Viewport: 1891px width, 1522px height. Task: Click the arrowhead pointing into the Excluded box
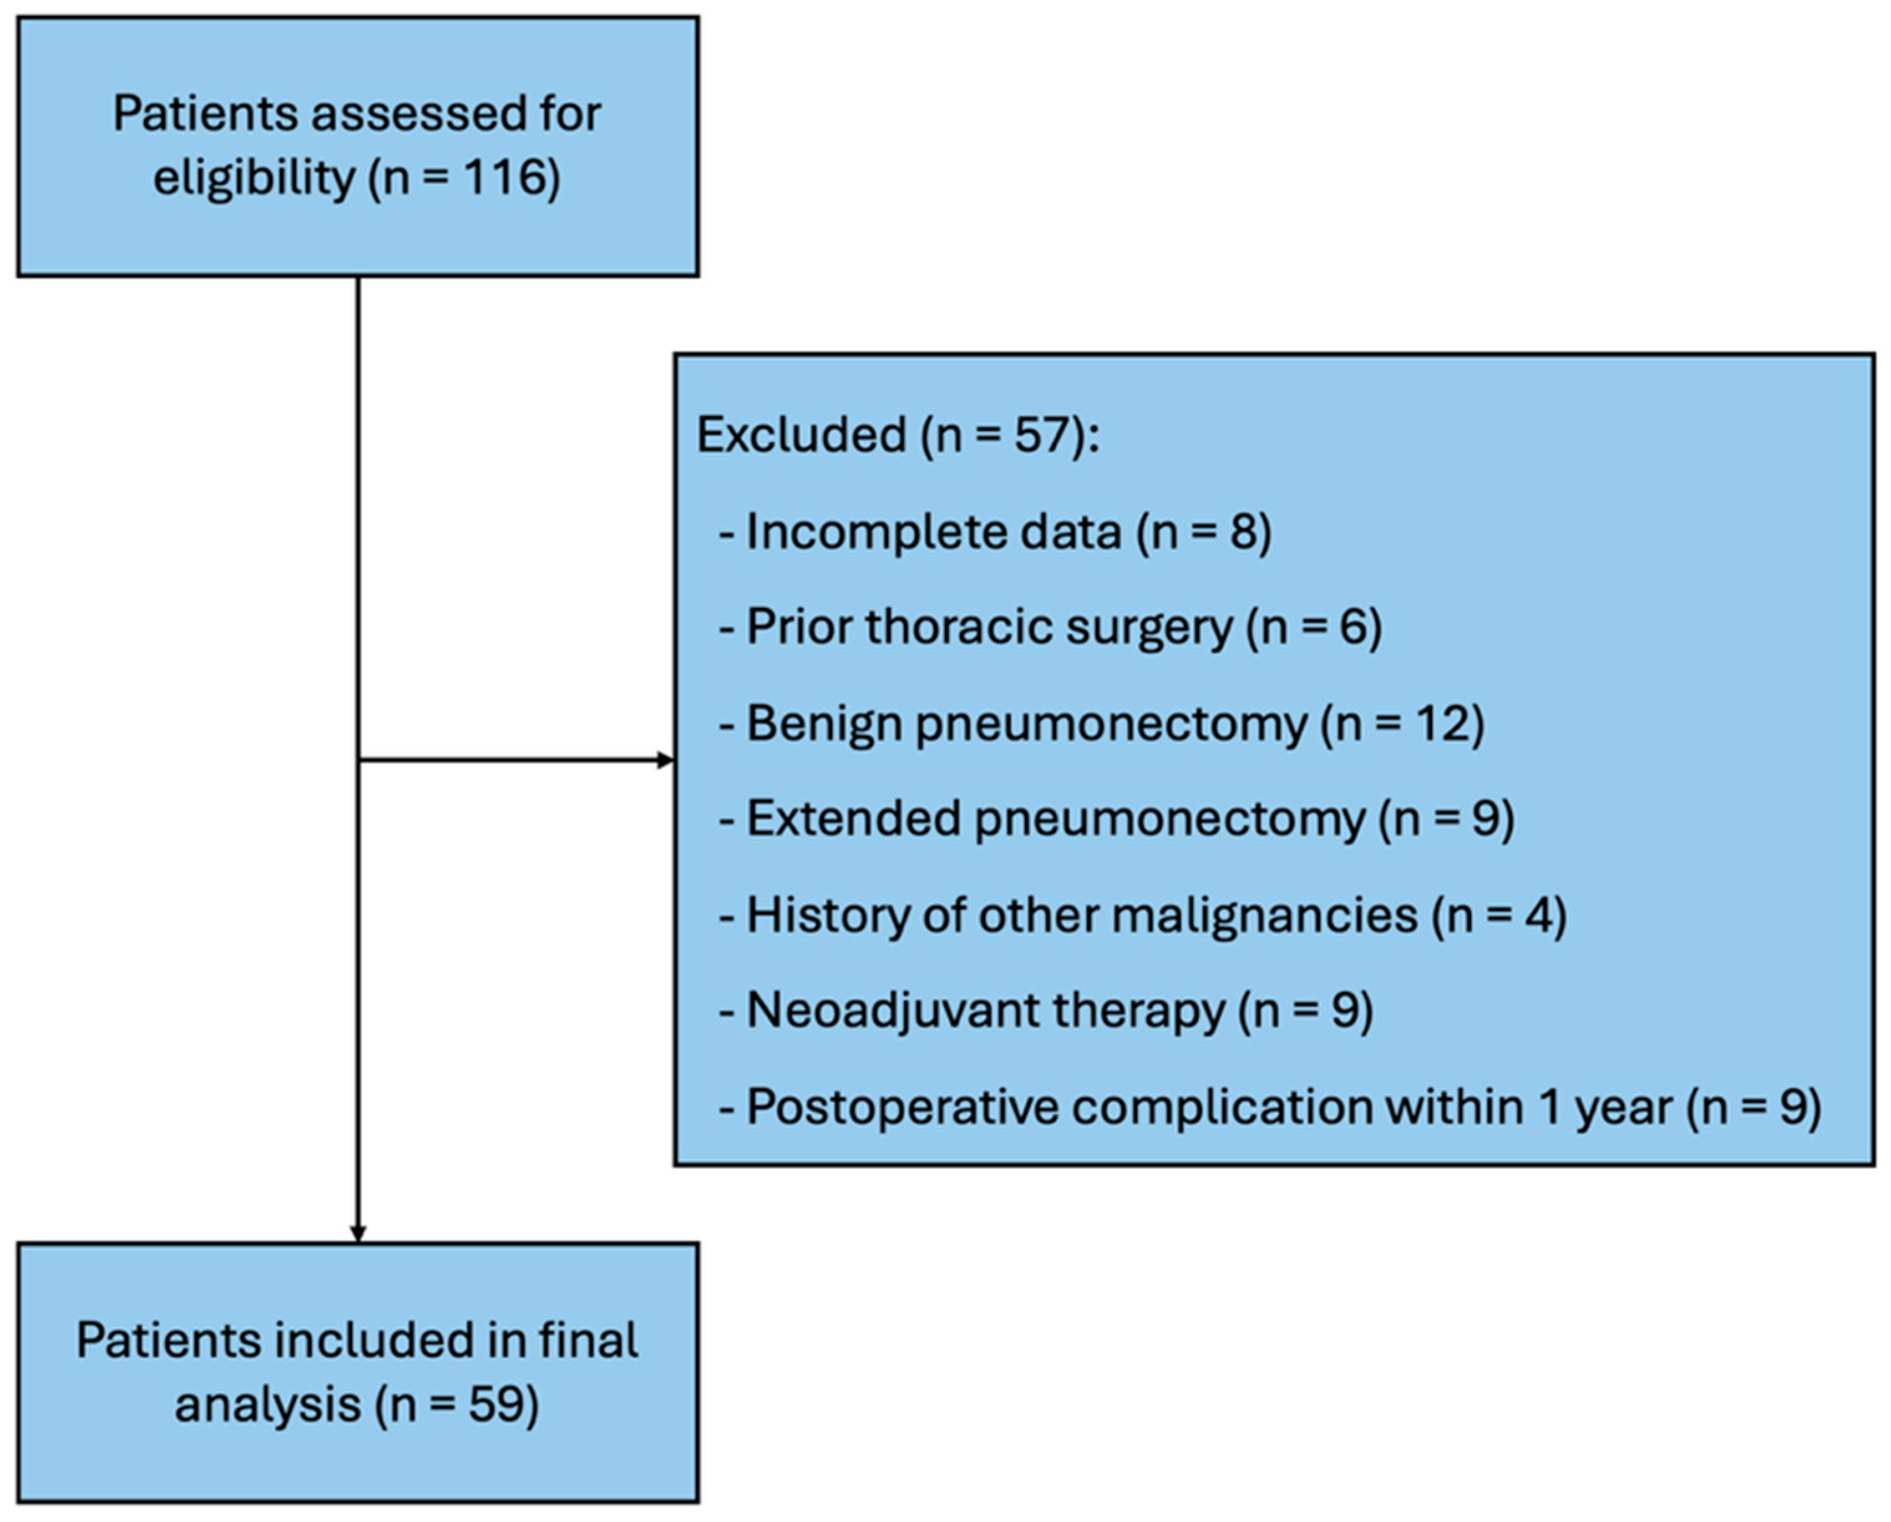[666, 760]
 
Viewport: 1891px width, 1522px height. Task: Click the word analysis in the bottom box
[268, 1406]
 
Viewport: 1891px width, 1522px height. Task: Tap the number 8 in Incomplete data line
[1245, 532]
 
